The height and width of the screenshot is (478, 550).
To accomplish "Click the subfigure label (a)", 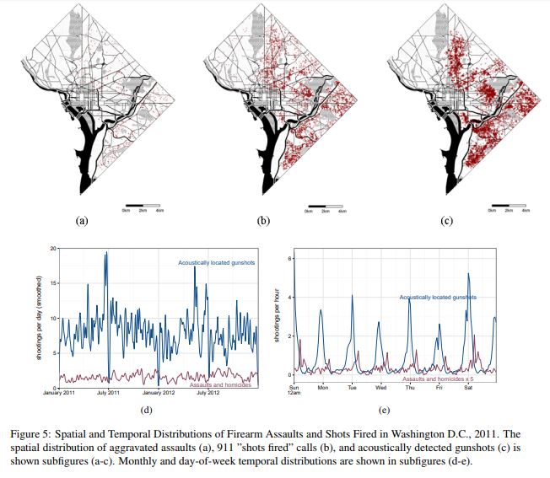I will click(82, 220).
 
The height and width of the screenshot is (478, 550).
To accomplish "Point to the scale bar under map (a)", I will click(141, 205).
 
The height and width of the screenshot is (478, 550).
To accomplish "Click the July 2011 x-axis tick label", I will click(106, 393).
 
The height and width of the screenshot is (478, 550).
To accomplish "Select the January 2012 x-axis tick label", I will click(157, 393).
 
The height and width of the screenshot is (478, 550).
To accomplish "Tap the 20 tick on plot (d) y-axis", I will click(53, 249).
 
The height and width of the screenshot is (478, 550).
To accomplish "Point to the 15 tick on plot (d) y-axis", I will click(53, 283).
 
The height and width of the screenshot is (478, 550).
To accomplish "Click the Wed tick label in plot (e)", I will click(380, 389).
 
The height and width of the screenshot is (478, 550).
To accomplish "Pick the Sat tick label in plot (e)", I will click(467, 389).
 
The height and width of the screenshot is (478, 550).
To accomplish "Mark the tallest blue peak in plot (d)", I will click(106, 253).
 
